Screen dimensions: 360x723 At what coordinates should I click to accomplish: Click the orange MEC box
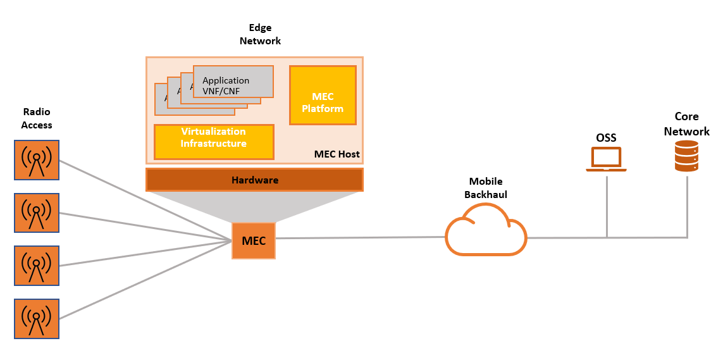pos(254,240)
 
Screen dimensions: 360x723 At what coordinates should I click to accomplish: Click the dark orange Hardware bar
pos(254,180)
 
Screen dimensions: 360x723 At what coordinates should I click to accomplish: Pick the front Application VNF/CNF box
pos(233,82)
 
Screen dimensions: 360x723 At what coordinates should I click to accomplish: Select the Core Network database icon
pos(686,156)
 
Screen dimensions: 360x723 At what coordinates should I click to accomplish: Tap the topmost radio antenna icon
pos(37,159)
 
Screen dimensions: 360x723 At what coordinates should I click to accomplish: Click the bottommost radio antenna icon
pos(37,319)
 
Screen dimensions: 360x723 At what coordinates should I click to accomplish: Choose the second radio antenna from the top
pos(37,213)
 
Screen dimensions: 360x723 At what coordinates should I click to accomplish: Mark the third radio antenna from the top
pos(37,266)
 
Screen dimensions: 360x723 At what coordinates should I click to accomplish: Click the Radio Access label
pos(37,118)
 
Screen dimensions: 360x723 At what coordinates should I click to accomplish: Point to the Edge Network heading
pos(260,34)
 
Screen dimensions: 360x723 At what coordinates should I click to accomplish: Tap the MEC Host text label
pos(337,154)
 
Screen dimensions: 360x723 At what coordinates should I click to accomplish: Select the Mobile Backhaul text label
pos(485,188)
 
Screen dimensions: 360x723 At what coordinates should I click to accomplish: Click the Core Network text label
pos(686,124)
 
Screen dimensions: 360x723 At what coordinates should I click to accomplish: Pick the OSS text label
pos(606,137)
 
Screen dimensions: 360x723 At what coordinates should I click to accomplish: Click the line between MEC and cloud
pos(361,238)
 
